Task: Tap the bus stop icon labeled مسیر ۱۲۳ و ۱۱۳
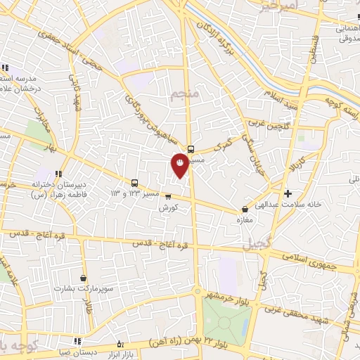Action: click(134, 183)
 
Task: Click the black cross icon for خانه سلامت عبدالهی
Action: click(288, 193)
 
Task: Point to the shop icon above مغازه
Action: click(245, 209)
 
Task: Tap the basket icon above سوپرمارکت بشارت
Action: click(84, 278)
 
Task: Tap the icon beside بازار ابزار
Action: click(120, 344)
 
